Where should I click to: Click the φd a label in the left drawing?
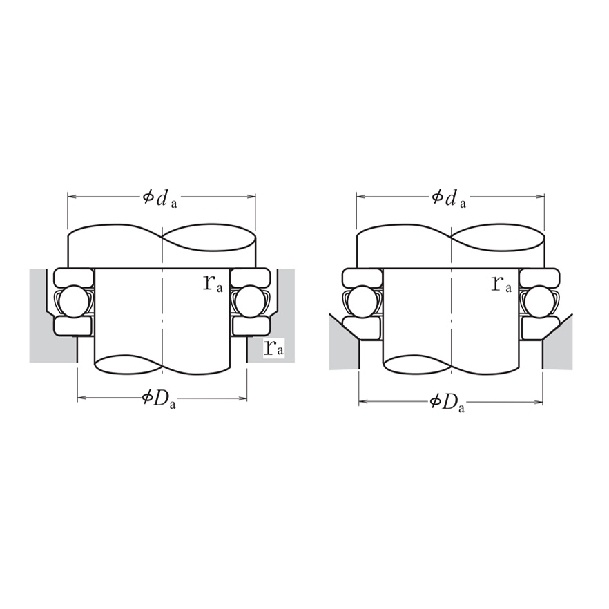pyautogui.click(x=160, y=198)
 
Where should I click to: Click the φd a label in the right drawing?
pyautogui.click(x=449, y=198)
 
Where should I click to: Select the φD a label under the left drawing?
pyautogui.click(x=159, y=399)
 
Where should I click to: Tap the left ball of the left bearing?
pyautogui.click(x=72, y=301)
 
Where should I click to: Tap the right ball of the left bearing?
pyautogui.click(x=249, y=301)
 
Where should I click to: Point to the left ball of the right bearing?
pyautogui.click(x=361, y=301)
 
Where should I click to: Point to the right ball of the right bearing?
pyautogui.click(x=539, y=301)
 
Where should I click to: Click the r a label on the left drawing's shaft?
pyautogui.click(x=213, y=282)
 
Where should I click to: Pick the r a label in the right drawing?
pyautogui.click(x=502, y=282)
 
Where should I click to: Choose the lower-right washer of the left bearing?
pyautogui.click(x=250, y=325)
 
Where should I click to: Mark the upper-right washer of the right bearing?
pyautogui.click(x=539, y=278)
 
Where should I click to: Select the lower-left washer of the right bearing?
pyautogui.click(x=362, y=326)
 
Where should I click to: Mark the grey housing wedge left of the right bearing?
pyautogui.click(x=342, y=345)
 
